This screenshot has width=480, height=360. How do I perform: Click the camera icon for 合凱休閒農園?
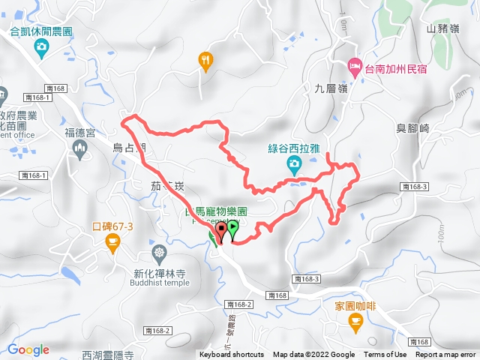click(42, 48)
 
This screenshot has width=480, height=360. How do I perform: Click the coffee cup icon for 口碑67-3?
click(112, 241)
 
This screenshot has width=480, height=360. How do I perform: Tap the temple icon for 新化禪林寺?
click(159, 252)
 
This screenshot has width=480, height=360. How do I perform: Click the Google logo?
click(28, 349)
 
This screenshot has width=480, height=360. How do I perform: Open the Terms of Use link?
click(385, 355)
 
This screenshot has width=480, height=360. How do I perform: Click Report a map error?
click(446, 355)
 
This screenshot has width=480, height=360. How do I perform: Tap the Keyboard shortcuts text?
click(231, 355)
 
